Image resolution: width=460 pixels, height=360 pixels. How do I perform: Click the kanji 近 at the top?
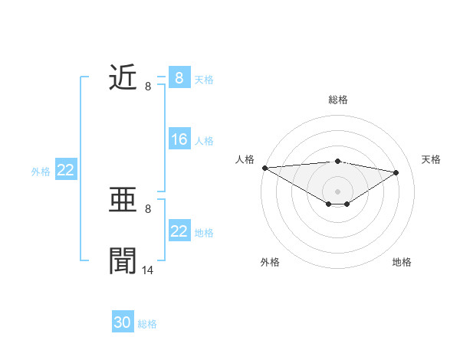tap(123, 77)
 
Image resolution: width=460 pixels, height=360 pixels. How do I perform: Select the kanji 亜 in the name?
tap(123, 201)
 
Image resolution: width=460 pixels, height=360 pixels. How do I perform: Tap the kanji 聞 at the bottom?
tap(123, 260)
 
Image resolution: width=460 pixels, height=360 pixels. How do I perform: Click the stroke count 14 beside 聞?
tap(148, 270)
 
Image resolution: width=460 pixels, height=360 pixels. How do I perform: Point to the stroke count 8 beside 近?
tap(148, 86)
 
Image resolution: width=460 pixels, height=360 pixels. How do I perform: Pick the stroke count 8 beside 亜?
tap(148, 209)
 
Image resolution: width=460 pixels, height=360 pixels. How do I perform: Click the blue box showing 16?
tap(179, 139)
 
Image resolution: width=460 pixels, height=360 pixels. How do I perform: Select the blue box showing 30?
tap(123, 323)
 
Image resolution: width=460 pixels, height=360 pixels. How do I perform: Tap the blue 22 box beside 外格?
tap(65, 171)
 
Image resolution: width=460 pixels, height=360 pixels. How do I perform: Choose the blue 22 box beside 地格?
tap(179, 231)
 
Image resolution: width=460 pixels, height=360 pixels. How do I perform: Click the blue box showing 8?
tap(179, 78)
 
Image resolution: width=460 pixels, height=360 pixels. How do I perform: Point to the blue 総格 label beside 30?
tap(147, 324)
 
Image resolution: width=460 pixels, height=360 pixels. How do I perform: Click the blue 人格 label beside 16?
tap(204, 140)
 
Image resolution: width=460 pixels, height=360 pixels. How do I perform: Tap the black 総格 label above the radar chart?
tap(337, 100)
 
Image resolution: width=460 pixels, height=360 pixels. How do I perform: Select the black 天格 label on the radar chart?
tap(432, 159)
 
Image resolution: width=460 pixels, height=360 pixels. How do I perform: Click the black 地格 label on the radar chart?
tap(402, 262)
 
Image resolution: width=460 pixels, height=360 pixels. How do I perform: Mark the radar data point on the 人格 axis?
tap(264, 168)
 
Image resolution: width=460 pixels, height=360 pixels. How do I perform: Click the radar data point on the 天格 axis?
tap(396, 172)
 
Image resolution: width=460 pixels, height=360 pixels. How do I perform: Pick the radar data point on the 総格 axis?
tap(337, 161)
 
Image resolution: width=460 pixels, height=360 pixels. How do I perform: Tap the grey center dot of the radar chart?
tap(337, 191)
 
